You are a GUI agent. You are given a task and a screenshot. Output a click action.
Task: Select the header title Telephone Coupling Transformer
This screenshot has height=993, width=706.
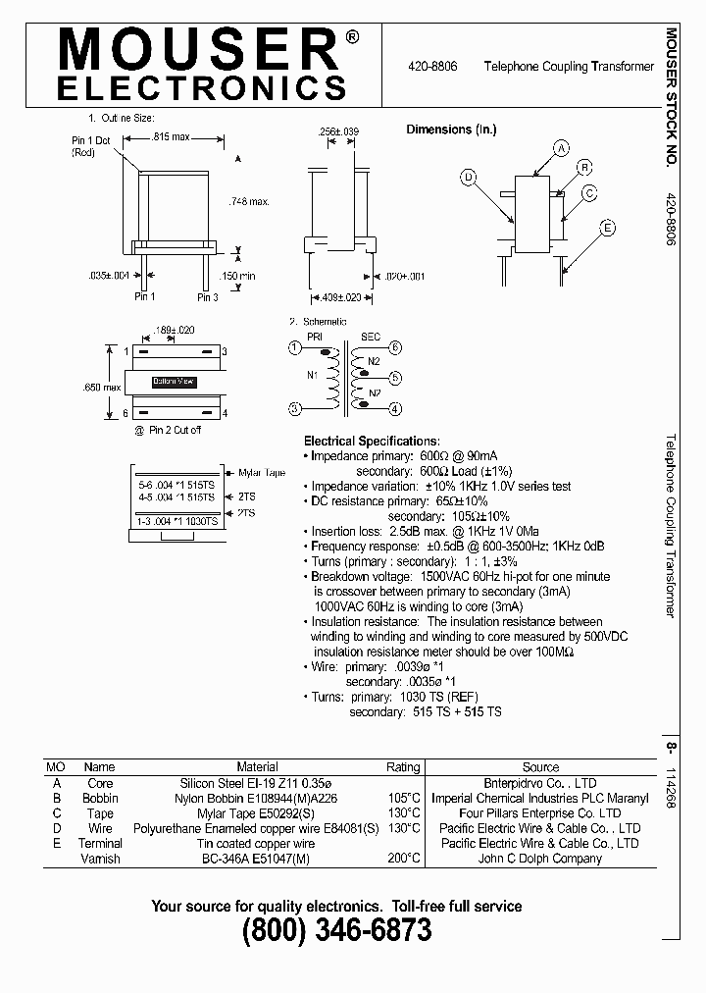pyautogui.click(x=569, y=67)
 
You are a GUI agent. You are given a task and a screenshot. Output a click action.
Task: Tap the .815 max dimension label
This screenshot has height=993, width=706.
pyautogui.click(x=172, y=137)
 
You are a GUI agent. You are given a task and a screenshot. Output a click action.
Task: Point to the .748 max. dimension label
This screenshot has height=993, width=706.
pyautogui.click(x=247, y=201)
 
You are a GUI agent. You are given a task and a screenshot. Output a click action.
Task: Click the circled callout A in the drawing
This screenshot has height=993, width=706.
pyautogui.click(x=561, y=149)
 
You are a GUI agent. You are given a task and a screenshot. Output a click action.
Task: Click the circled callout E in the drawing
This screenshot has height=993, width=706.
pyautogui.click(x=608, y=228)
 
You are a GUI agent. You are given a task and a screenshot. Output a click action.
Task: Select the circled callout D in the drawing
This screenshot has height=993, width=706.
pyautogui.click(x=469, y=178)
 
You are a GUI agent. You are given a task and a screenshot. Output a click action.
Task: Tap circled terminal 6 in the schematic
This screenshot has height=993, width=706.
pyautogui.click(x=395, y=347)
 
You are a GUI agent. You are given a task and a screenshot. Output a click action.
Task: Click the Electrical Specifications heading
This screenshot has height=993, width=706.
pyautogui.click(x=372, y=442)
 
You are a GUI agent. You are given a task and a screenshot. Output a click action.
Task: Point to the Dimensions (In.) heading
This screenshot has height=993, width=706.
pyautogui.click(x=452, y=130)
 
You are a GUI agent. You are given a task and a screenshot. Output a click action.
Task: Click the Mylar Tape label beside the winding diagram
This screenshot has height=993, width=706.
pyautogui.click(x=262, y=473)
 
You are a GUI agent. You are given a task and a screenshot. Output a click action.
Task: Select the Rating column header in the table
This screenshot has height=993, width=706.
pyautogui.click(x=403, y=766)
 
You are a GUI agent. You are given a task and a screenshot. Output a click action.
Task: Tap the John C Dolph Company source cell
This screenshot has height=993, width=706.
pyautogui.click(x=540, y=859)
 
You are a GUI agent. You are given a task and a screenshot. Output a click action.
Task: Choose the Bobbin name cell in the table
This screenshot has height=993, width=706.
pyautogui.click(x=100, y=799)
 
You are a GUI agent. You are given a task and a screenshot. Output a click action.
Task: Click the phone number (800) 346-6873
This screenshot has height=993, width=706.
pyautogui.click(x=336, y=931)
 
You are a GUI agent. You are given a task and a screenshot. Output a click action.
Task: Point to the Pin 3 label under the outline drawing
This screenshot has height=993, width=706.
pyautogui.click(x=208, y=296)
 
